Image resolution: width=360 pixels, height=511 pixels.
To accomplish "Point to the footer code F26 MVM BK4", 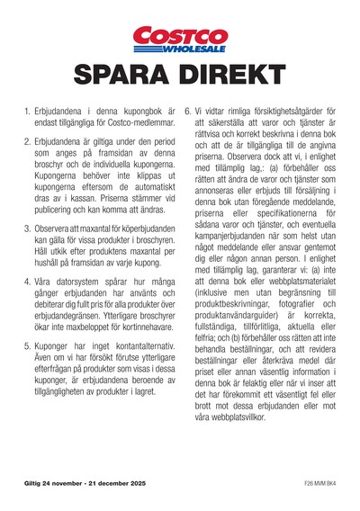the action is point(319,486).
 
